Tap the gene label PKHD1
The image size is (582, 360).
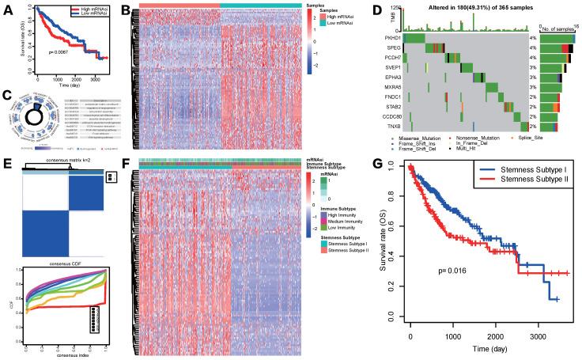pos(394,37)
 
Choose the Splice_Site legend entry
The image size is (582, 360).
pos(546,136)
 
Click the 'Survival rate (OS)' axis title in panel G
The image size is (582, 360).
pos(383,237)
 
